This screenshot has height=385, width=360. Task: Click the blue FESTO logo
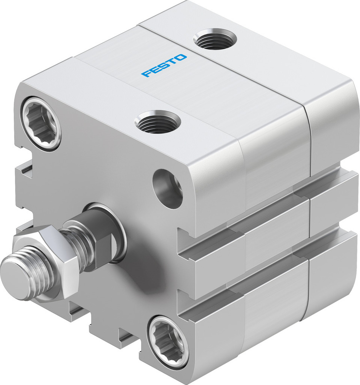(164, 65)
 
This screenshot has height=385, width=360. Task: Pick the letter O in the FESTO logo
(181, 58)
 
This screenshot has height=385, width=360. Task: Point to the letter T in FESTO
(172, 62)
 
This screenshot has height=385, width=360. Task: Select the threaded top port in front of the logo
(158, 122)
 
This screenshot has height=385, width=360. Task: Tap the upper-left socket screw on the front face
(42, 124)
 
